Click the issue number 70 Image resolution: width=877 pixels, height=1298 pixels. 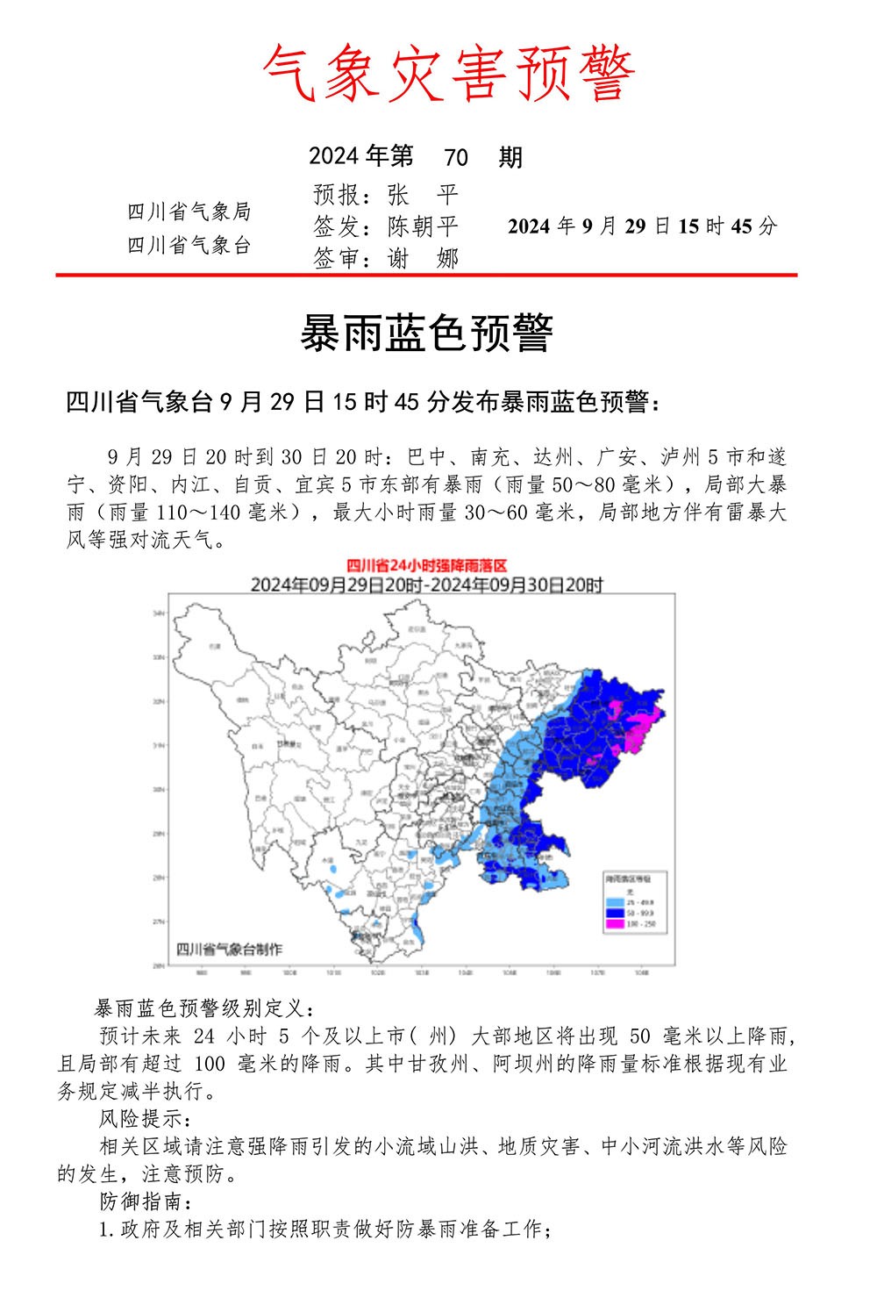(455, 158)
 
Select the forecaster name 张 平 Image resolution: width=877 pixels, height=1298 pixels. (423, 195)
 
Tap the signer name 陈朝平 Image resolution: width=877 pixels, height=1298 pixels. (423, 226)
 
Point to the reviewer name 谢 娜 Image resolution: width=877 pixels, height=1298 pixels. (423, 258)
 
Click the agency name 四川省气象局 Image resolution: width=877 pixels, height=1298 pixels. (189, 212)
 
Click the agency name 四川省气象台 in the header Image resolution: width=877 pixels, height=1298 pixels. (189, 245)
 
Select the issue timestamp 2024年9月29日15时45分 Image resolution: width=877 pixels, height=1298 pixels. (642, 226)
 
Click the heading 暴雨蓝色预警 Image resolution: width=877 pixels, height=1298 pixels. (426, 333)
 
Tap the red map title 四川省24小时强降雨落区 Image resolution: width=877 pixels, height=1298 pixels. (427, 566)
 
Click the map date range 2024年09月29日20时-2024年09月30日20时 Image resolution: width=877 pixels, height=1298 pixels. (427, 584)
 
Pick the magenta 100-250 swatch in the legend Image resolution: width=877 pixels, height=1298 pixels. (614, 924)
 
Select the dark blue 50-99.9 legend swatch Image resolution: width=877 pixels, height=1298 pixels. (614, 914)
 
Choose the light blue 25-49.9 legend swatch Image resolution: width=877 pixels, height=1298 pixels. (614, 902)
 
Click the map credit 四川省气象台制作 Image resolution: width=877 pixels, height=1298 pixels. (230, 949)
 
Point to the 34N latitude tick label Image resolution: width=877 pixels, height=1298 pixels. (160, 613)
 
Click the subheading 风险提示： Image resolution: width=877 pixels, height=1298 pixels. (142, 1119)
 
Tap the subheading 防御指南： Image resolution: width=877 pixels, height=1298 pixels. (142, 1201)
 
